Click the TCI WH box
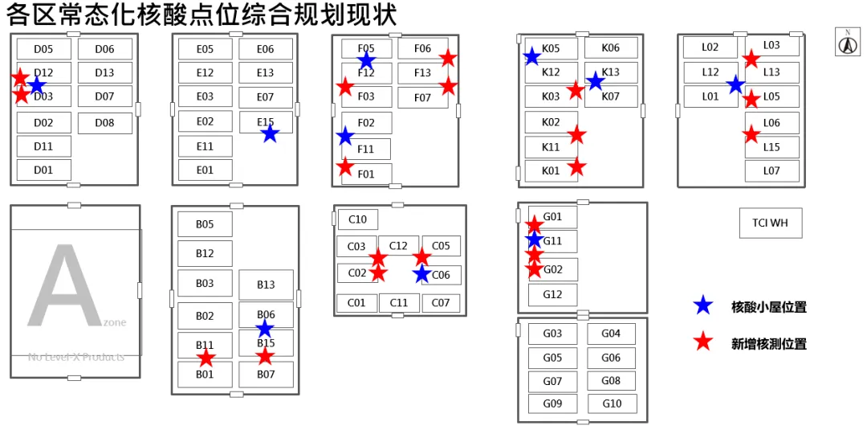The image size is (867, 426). click(x=770, y=223)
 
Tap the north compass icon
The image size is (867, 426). click(x=848, y=43)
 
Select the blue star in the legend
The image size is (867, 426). click(x=703, y=305)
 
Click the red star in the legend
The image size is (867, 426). click(x=703, y=342)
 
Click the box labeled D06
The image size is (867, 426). click(x=104, y=49)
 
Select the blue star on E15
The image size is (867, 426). click(x=270, y=133)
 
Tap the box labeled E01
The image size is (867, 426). click(x=205, y=170)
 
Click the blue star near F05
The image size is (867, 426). click(x=366, y=60)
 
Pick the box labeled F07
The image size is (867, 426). click(x=422, y=98)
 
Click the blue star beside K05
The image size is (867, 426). click(x=531, y=56)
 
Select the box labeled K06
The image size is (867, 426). click(x=610, y=48)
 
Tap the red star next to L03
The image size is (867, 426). click(x=751, y=59)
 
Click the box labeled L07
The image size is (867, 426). click(x=771, y=170)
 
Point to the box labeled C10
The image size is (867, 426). click(x=357, y=219)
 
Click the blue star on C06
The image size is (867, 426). click(x=421, y=274)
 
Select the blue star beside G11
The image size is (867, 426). click(x=534, y=239)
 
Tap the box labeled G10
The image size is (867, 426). click(x=612, y=403)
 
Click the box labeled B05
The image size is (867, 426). click(x=205, y=224)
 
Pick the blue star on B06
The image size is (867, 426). click(x=265, y=328)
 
